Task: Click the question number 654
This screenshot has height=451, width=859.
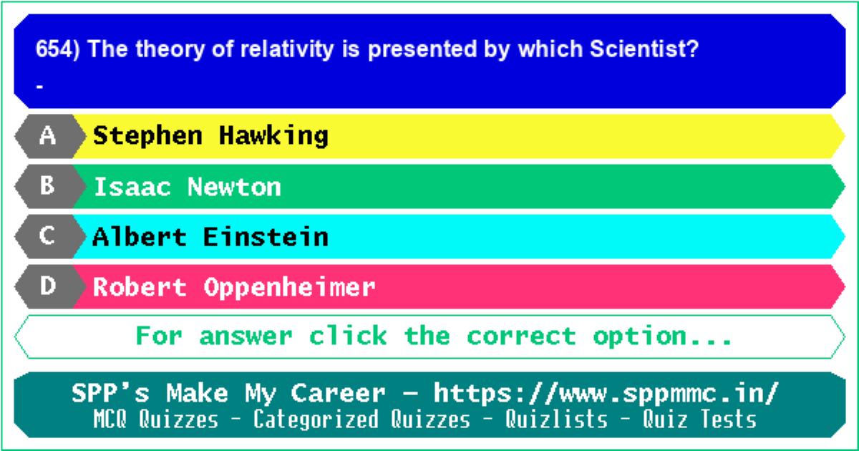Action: click(54, 49)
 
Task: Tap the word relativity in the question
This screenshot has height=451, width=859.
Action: click(287, 50)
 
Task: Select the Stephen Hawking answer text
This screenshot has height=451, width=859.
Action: click(210, 136)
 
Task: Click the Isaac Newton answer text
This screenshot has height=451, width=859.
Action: click(188, 187)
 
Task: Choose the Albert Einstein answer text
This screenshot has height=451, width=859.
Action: click(210, 237)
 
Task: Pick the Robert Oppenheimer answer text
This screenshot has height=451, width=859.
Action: click(234, 288)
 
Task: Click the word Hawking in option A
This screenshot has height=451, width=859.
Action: click(273, 136)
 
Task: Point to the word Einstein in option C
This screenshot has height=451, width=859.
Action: click(266, 237)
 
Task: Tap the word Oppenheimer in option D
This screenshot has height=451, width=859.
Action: click(289, 288)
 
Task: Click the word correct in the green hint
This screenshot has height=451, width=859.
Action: click(522, 336)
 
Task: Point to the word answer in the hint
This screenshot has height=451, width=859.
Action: click(246, 336)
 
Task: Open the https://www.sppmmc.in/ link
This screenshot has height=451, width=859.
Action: click(606, 394)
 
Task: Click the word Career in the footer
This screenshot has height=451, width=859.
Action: click(338, 394)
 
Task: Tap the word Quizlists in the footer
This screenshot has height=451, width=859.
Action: click(556, 419)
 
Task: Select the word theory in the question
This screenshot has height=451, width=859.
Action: click(170, 50)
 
